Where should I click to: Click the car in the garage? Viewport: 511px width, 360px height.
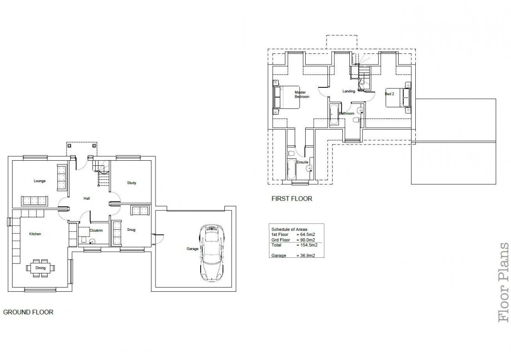[x=211, y=253]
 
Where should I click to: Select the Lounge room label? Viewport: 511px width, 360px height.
[x=39, y=181]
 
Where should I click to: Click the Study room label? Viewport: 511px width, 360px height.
[x=131, y=183]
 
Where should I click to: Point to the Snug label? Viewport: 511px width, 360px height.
[x=131, y=229]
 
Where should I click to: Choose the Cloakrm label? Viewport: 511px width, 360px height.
[x=96, y=230]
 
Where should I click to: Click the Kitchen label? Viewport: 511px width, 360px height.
[x=35, y=234]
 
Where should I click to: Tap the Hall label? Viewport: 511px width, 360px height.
[x=86, y=198]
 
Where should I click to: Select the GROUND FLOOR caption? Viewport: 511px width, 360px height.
[x=28, y=312]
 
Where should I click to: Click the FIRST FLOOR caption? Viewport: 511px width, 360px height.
[x=292, y=198]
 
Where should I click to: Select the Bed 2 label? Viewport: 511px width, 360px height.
[x=389, y=94]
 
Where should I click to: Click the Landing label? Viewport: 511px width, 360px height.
[x=348, y=92]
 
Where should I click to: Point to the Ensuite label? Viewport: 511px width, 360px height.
[x=296, y=162]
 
